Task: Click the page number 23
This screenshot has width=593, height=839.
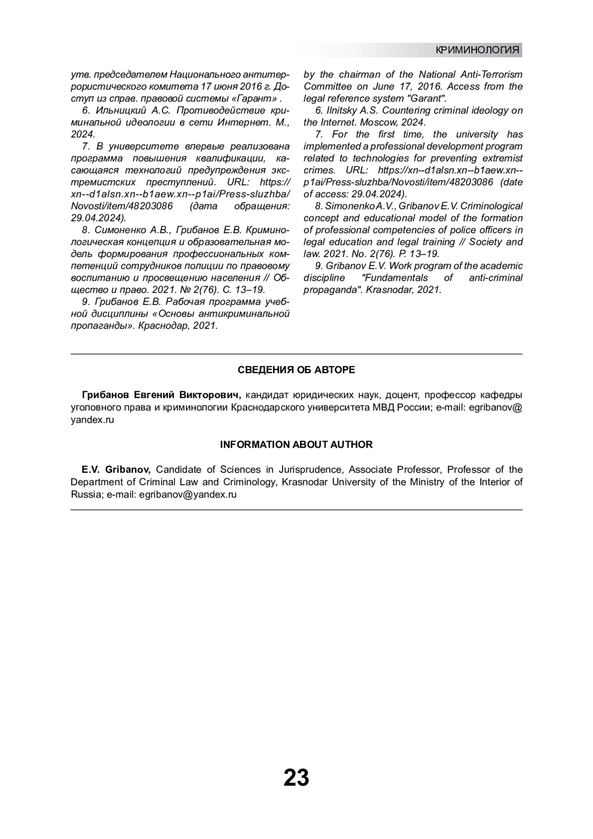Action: (296, 778)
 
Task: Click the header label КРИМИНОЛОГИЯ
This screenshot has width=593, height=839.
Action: (477, 50)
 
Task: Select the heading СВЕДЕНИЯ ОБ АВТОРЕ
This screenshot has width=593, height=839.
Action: (296, 370)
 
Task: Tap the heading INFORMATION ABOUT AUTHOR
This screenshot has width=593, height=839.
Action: (296, 445)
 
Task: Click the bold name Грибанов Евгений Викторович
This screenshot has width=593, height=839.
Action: (161, 395)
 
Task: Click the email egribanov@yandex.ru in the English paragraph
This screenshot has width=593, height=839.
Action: (188, 494)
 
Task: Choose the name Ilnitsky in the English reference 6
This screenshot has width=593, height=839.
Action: (341, 110)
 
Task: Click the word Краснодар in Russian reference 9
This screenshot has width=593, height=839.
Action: (160, 326)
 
